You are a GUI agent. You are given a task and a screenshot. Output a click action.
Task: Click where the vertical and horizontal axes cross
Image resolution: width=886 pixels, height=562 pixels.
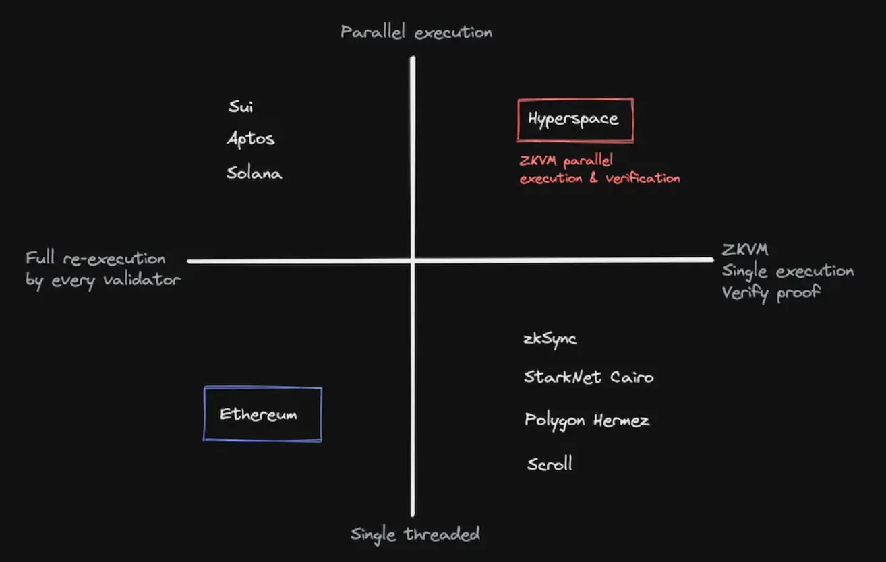(413, 261)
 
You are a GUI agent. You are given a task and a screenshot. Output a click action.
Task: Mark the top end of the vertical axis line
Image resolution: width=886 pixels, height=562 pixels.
(413, 58)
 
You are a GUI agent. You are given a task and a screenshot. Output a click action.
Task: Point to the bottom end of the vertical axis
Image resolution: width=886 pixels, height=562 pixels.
(413, 515)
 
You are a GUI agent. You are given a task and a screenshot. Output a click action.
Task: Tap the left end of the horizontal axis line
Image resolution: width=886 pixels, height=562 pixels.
(189, 261)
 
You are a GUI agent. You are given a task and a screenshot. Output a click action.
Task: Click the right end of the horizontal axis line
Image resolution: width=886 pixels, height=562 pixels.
(712, 259)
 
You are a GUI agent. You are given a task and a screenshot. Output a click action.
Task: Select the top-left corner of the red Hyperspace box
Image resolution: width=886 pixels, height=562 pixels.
(518, 100)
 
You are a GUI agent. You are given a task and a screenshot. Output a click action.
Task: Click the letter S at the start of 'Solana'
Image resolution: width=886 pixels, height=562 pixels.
(232, 173)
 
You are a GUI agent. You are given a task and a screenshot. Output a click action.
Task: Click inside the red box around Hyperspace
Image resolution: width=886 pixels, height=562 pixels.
(576, 120)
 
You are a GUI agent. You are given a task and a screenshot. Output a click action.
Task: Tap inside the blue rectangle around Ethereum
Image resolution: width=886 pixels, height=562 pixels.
(263, 414)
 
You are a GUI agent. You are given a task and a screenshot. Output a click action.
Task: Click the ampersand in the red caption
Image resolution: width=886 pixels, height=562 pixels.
(593, 177)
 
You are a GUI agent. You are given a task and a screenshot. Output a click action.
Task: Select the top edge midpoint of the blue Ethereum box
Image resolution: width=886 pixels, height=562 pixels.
(263, 387)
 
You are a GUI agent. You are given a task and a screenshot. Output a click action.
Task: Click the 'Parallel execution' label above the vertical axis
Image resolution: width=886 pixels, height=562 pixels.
(417, 32)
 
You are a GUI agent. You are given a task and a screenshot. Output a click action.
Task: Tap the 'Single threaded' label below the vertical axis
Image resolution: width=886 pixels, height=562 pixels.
(415, 534)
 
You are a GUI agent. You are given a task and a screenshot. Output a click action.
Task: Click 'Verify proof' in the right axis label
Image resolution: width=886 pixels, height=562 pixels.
(771, 293)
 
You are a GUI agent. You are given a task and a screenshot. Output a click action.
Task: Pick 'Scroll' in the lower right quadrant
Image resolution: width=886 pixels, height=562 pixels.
(550, 464)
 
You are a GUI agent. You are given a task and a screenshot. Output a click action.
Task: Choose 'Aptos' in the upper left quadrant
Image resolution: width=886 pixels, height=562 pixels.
(251, 139)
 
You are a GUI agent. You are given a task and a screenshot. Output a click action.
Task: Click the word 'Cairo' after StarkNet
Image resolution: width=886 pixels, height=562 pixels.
(632, 377)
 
